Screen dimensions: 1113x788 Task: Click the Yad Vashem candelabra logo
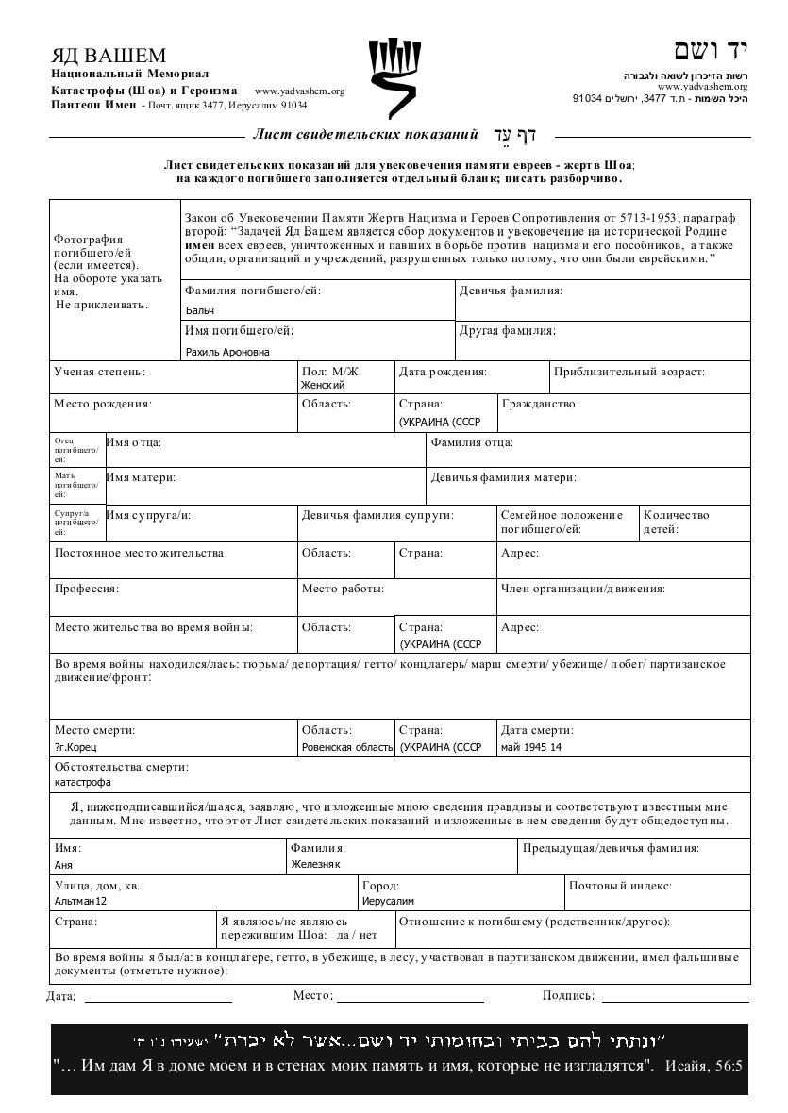tap(394, 77)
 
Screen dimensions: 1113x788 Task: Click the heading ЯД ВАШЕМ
tap(109, 56)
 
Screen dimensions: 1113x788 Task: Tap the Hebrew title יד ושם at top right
tap(711, 50)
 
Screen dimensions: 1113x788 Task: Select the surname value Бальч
tap(200, 310)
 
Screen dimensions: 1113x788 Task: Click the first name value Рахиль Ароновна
tap(227, 352)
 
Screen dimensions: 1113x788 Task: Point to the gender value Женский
tap(323, 385)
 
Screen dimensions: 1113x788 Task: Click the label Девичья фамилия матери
tap(503, 478)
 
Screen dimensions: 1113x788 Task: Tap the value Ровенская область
tap(346, 747)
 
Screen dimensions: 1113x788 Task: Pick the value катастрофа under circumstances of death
tap(82, 782)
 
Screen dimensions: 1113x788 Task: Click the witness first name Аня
tap(63, 864)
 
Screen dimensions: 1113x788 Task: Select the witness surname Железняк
tap(315, 864)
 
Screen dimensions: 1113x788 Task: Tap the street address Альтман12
tap(80, 901)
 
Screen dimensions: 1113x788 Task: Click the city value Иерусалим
tap(388, 901)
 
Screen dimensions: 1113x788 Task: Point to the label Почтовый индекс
tap(619, 886)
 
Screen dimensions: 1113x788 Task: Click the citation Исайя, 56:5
tap(704, 1067)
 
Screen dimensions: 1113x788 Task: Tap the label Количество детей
tap(675, 522)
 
